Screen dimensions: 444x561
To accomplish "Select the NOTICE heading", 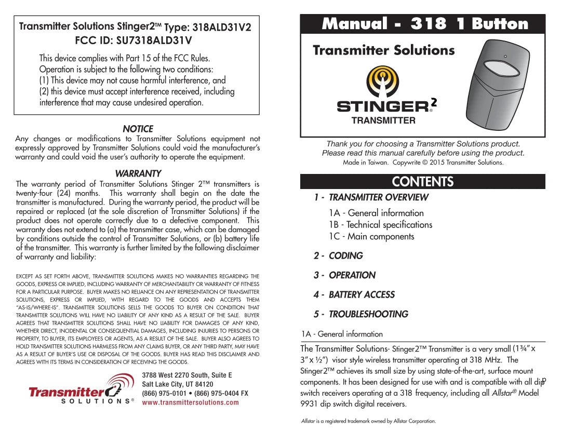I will point(138,129).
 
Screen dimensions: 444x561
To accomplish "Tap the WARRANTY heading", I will point(138,173).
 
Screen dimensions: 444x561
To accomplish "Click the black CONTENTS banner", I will point(423,181).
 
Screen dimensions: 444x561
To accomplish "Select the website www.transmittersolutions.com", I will point(190,402).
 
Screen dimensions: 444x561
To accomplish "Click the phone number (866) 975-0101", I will point(165,393).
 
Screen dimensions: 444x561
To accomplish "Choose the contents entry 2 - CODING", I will point(339,255).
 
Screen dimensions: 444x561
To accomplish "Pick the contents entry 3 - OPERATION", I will point(344,275).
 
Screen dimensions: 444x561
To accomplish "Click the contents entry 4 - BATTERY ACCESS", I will point(354,294).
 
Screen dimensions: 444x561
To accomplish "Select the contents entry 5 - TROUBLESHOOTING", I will point(361,314).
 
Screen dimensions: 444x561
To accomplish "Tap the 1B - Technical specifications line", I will point(380,225).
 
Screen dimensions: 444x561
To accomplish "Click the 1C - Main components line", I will point(371,236).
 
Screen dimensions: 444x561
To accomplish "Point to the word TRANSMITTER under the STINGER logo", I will point(383,120).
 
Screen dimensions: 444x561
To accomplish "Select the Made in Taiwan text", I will point(366,163).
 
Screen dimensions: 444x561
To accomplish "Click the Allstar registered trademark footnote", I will point(369,421).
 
